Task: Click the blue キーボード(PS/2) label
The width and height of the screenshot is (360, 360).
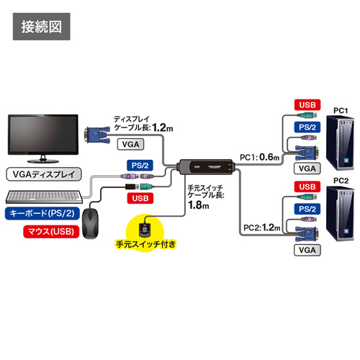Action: point(42,213)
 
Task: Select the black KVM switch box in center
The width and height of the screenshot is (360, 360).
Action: point(207,168)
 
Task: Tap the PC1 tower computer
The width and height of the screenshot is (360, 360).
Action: point(341,144)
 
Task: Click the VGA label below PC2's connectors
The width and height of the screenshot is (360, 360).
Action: point(306,251)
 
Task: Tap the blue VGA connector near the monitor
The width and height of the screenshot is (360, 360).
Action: point(96,132)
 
